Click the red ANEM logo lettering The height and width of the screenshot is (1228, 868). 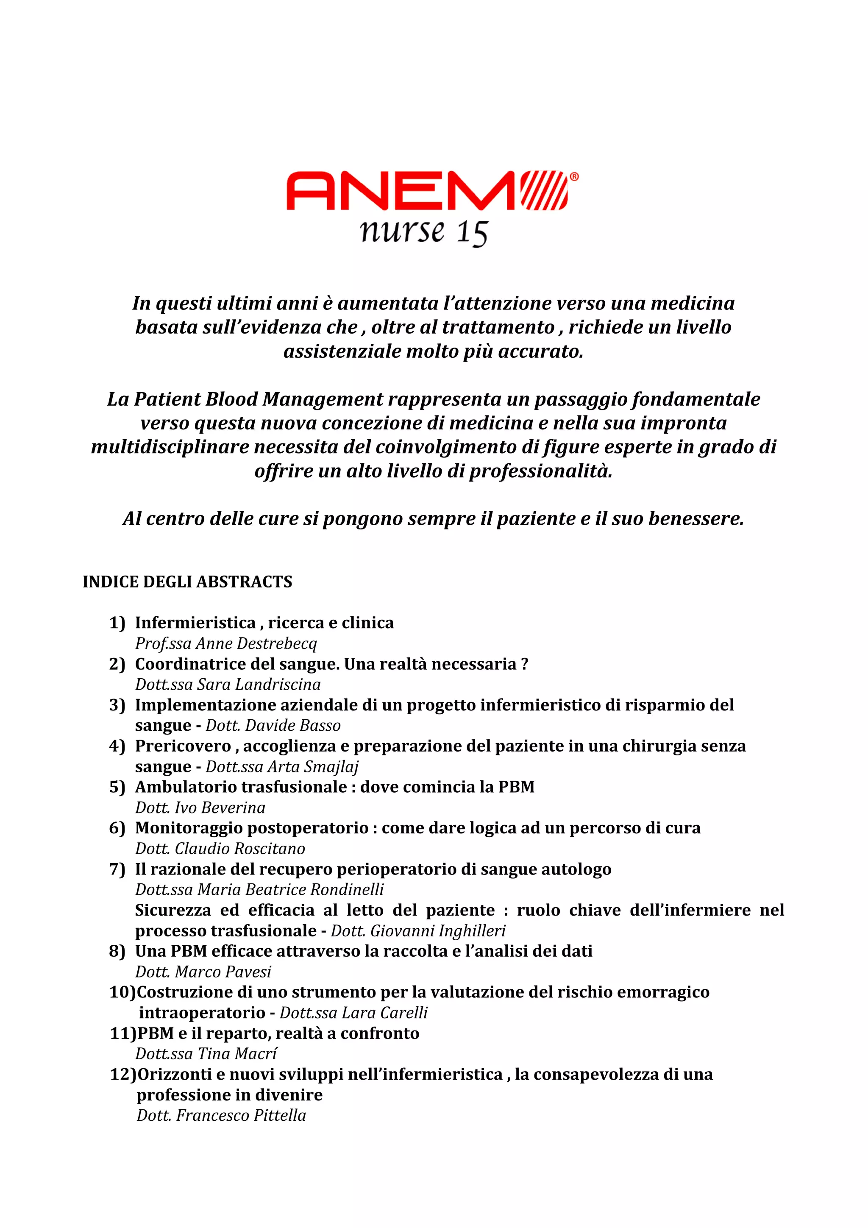click(x=401, y=191)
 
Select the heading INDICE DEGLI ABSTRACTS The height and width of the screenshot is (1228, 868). click(x=187, y=582)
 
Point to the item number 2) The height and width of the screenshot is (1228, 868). click(x=117, y=664)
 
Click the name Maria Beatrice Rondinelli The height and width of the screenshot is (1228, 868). click(x=290, y=890)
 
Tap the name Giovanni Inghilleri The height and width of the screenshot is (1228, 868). click(x=437, y=931)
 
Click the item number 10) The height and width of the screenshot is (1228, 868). click(x=122, y=992)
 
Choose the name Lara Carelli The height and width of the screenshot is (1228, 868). click(x=384, y=1013)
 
